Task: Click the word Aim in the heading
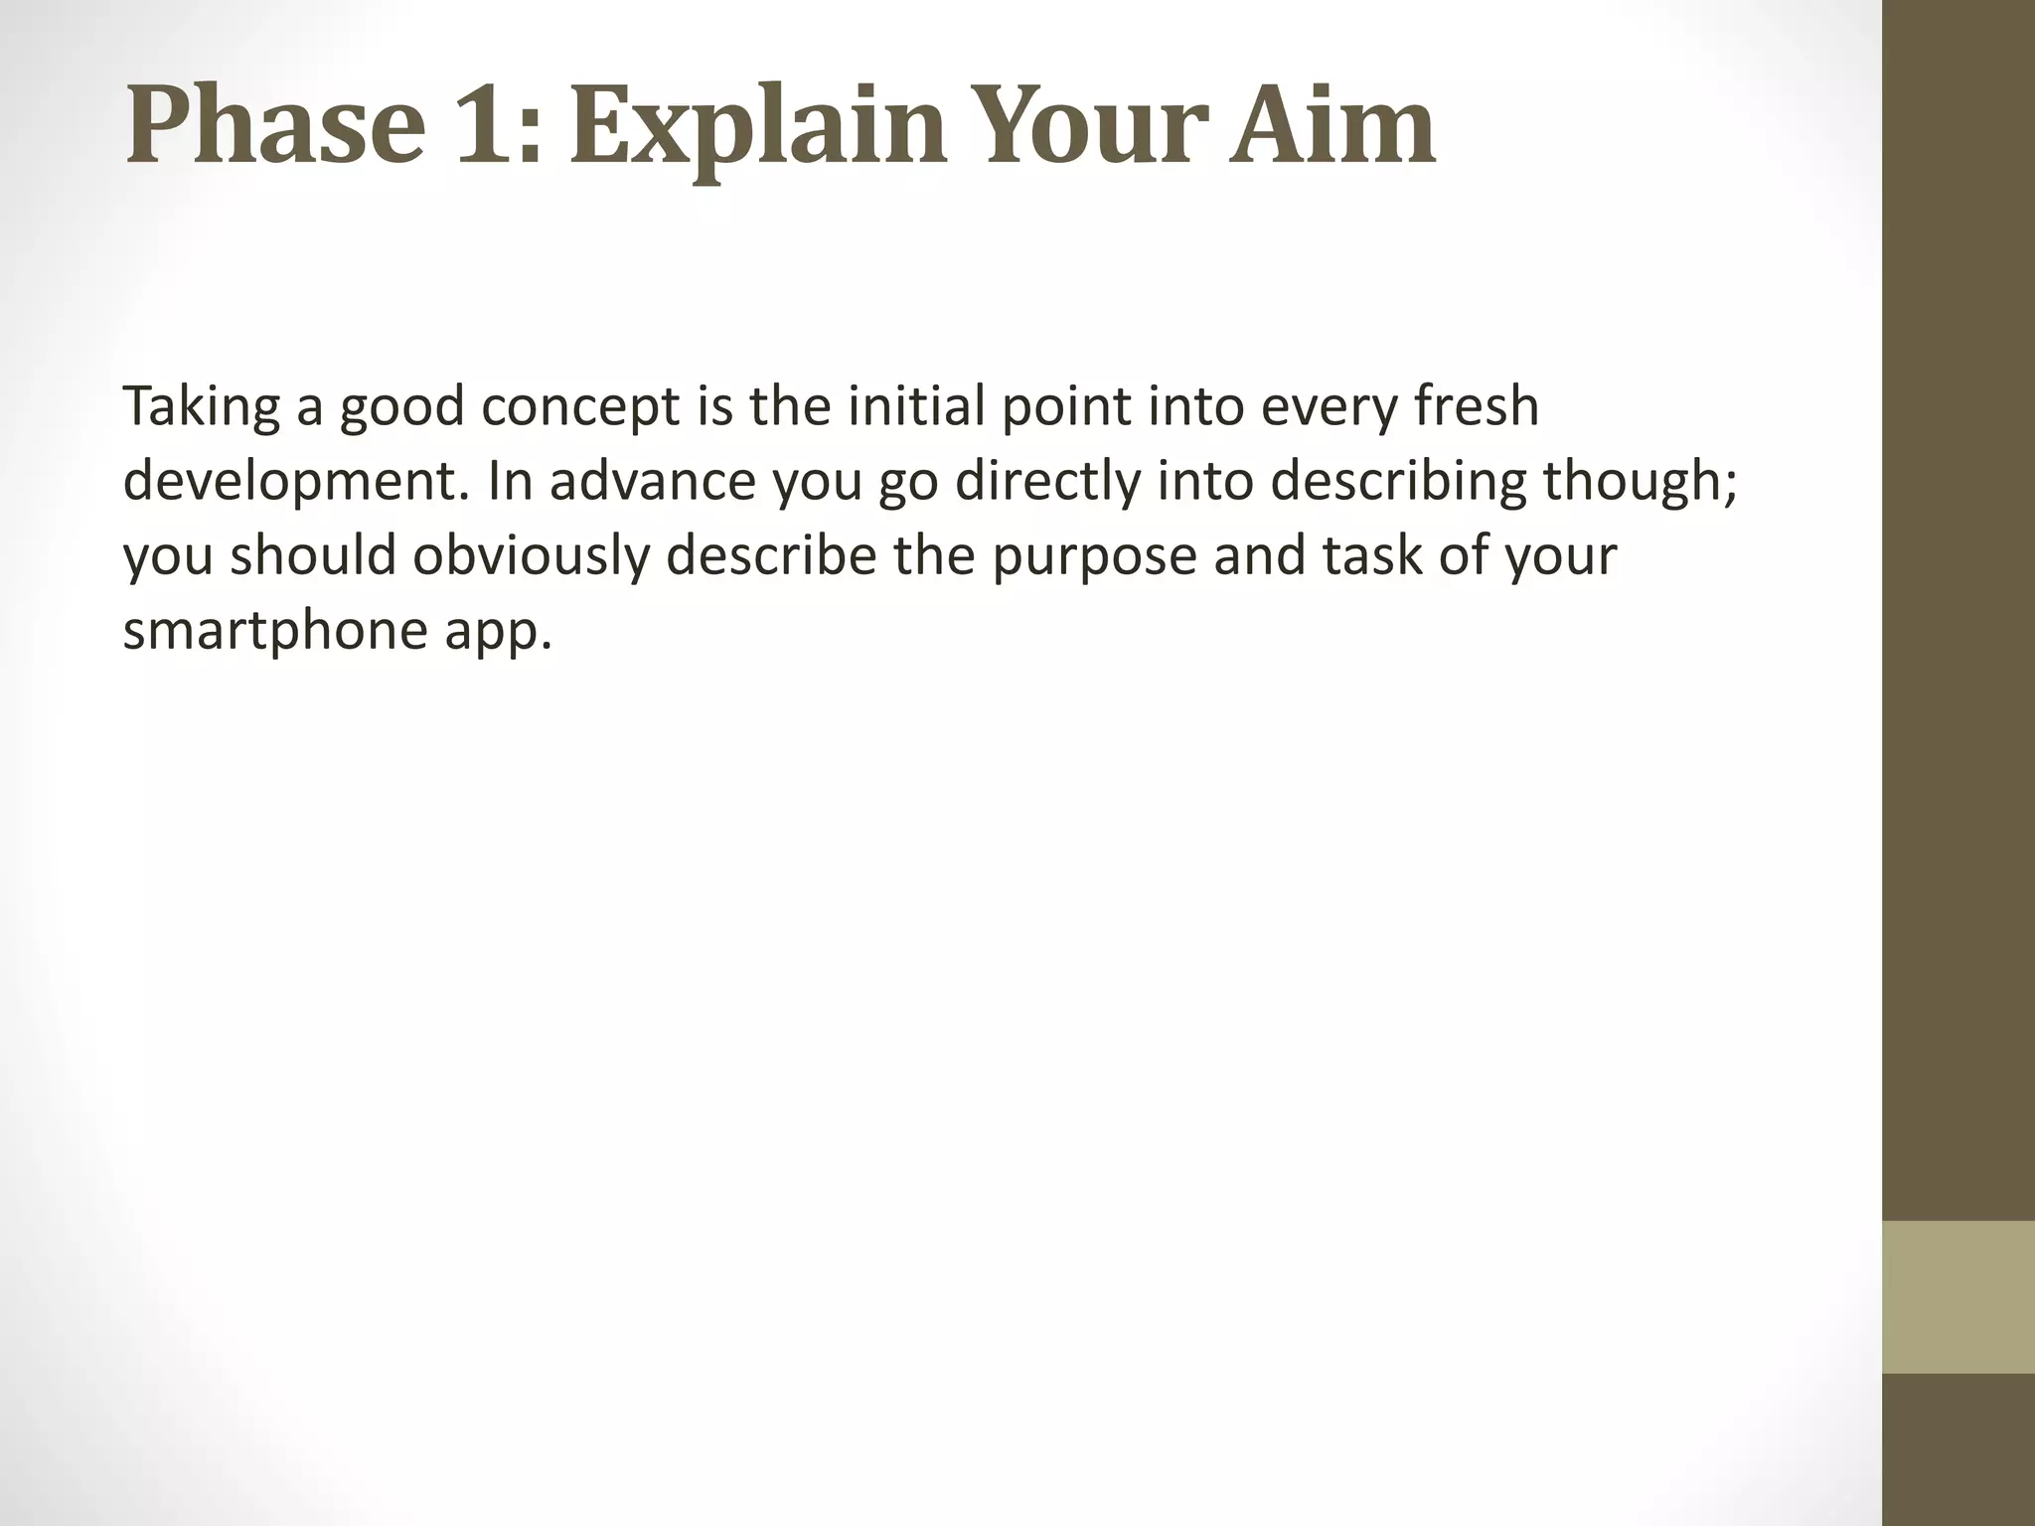(x=1331, y=127)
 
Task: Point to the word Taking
(x=201, y=406)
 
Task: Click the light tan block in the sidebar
(x=1957, y=1297)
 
